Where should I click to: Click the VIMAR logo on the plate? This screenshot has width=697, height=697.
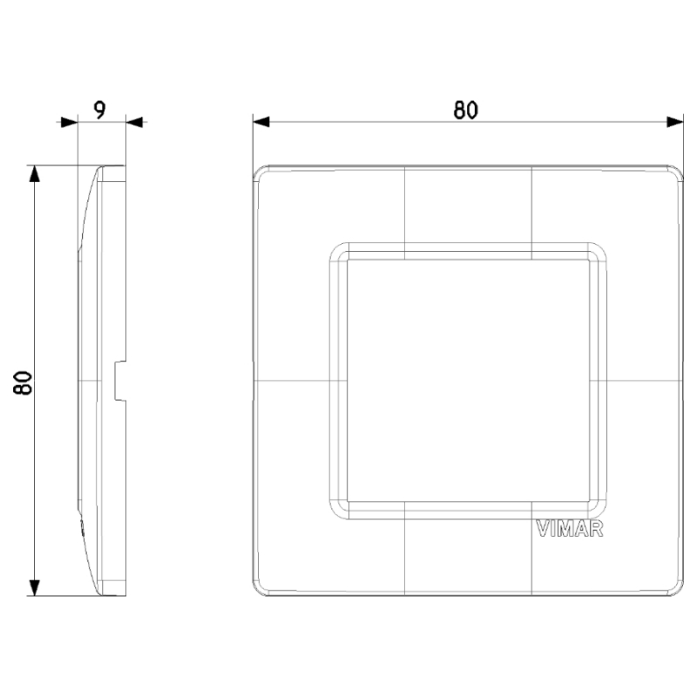pos(568,530)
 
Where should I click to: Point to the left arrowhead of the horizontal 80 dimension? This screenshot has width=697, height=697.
pos(261,122)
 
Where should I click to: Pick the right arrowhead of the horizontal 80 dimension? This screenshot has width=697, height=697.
pos(675,122)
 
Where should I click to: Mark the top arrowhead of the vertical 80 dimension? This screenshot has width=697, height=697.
pos(35,173)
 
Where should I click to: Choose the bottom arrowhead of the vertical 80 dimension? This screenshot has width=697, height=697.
pos(35,588)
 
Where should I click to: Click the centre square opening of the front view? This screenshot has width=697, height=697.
pos(466,382)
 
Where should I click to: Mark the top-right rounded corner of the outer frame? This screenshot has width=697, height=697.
pos(675,171)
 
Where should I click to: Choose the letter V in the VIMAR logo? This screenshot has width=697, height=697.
pos(539,530)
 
